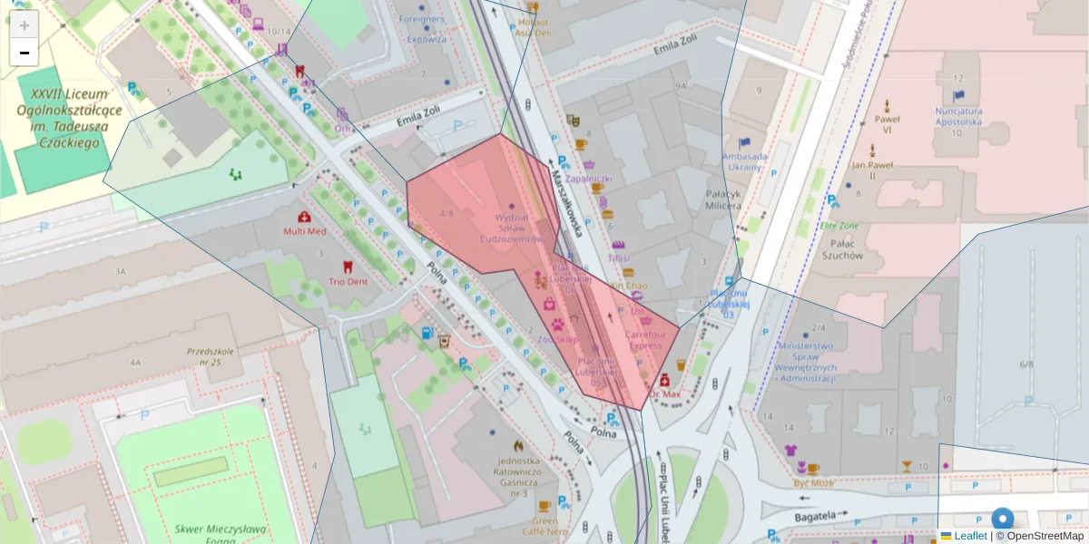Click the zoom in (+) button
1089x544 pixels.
pyautogui.click(x=25, y=25)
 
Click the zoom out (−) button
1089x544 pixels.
pyautogui.click(x=25, y=53)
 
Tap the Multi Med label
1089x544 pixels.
pyautogui.click(x=304, y=230)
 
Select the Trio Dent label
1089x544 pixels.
pyautogui.click(x=348, y=281)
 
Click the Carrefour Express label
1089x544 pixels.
pyautogui.click(x=645, y=339)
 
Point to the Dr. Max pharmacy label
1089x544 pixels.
pyautogui.click(x=665, y=394)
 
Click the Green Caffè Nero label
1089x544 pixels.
pyautogui.click(x=544, y=526)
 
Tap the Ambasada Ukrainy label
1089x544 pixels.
pyautogui.click(x=745, y=161)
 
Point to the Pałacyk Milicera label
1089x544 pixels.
pyautogui.click(x=724, y=199)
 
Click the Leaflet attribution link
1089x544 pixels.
pyautogui.click(x=970, y=536)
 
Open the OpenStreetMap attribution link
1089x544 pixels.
pyautogui.click(x=1045, y=536)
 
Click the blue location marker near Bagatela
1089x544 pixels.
pyautogui.click(x=1002, y=520)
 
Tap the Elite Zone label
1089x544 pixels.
pyautogui.click(x=839, y=226)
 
